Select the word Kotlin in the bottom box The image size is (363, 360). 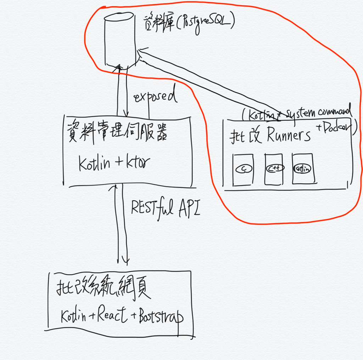pyautogui.click(x=73, y=315)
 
